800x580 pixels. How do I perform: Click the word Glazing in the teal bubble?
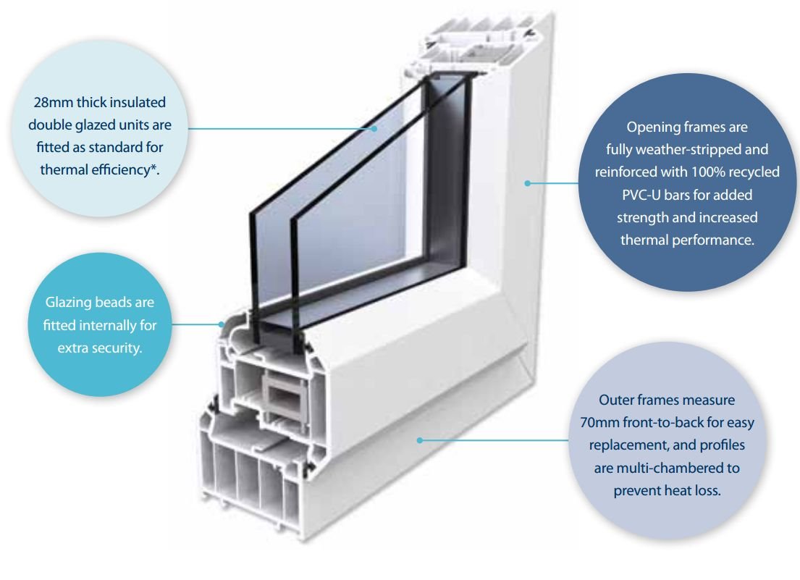(75, 302)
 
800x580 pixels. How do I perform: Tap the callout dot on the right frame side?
(528, 184)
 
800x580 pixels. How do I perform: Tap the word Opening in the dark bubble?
(651, 127)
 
